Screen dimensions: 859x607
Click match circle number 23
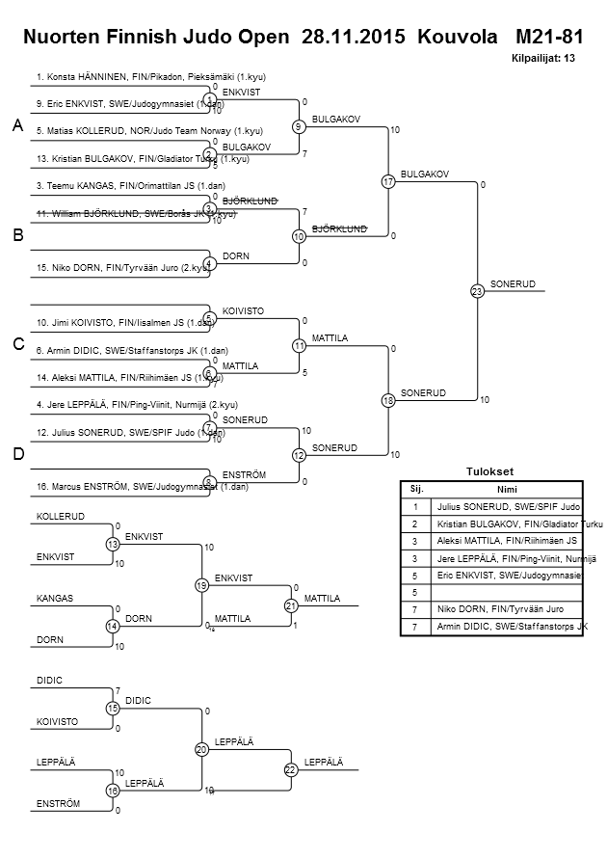[x=476, y=291]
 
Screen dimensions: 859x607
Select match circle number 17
[x=387, y=182]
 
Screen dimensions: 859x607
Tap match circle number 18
[x=387, y=400]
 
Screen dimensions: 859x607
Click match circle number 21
[x=290, y=604]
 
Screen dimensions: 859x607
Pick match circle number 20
[x=201, y=749]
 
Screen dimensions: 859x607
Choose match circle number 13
[x=113, y=545]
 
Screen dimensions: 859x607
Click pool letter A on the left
[x=16, y=126]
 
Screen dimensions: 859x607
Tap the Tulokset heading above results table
[x=488, y=471]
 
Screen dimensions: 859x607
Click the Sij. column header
[x=415, y=489]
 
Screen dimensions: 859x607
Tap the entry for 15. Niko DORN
[x=119, y=268]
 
